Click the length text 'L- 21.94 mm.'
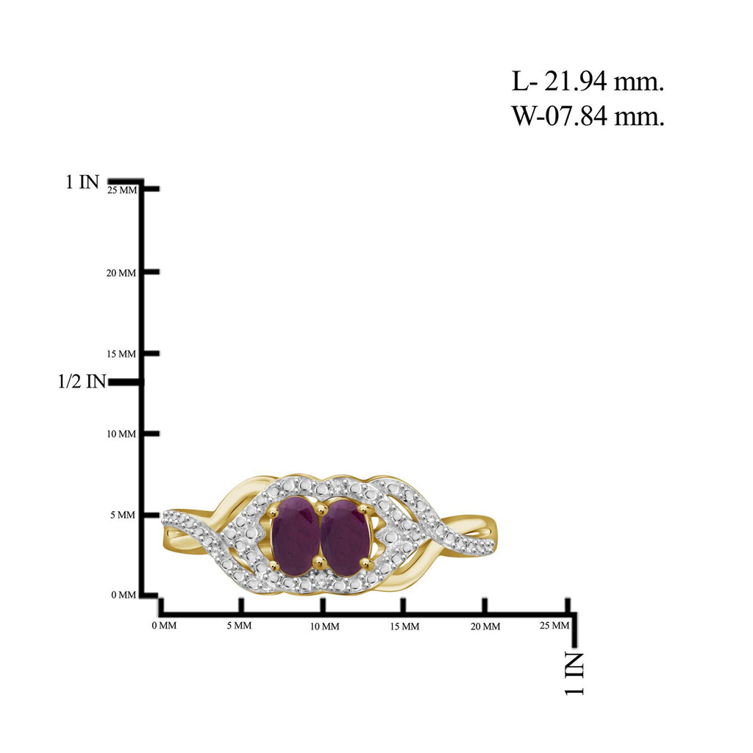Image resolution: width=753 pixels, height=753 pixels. [x=588, y=82]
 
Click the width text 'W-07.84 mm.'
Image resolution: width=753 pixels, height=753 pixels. [x=588, y=116]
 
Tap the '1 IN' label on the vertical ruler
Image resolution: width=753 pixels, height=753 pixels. [x=82, y=182]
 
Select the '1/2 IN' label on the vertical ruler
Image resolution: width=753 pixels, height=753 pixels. [x=82, y=382]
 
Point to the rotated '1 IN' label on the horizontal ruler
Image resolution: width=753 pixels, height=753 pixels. [x=574, y=674]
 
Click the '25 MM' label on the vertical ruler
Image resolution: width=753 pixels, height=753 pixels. [x=122, y=190]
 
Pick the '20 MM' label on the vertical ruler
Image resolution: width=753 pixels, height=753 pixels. [x=121, y=273]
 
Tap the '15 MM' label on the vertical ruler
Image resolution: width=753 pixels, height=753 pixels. [x=121, y=354]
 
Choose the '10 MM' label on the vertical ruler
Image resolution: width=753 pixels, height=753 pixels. [x=121, y=434]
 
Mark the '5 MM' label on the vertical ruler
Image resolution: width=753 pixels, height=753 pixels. [x=123, y=515]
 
